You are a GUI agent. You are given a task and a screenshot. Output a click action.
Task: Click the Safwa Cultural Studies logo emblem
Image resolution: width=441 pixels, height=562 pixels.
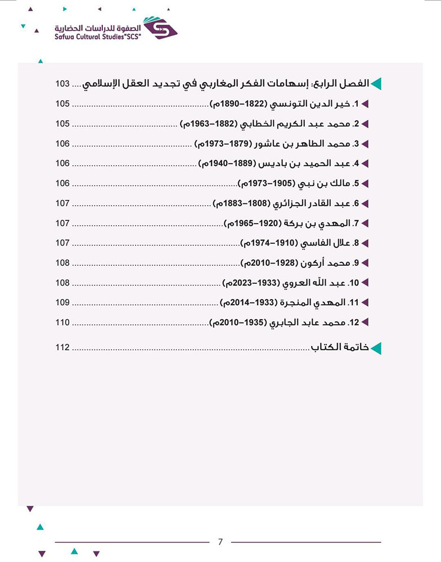pyautogui.click(x=160, y=28)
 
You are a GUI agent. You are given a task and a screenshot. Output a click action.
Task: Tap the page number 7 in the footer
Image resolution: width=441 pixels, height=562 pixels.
pyautogui.click(x=220, y=542)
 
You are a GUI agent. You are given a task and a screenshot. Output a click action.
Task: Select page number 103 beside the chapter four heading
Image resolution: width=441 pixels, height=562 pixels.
pyautogui.click(x=62, y=84)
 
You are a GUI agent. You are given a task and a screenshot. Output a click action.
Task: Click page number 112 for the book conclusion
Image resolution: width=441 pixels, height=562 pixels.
pyautogui.click(x=62, y=347)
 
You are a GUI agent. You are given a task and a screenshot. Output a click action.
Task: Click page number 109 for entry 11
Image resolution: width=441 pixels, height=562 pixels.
pyautogui.click(x=62, y=303)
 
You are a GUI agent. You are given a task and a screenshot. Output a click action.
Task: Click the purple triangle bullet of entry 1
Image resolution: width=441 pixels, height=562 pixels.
pyautogui.click(x=364, y=104)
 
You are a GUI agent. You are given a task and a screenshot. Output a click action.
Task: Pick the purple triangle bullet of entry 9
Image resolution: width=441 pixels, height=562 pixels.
pyautogui.click(x=364, y=263)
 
